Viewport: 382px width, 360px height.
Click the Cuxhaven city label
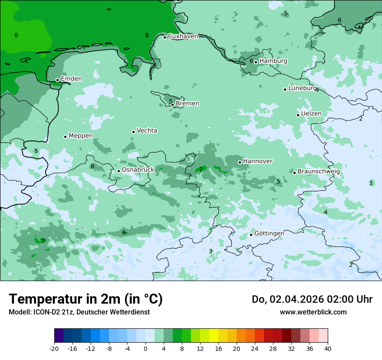click(x=183, y=36)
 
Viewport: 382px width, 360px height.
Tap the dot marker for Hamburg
click(x=256, y=62)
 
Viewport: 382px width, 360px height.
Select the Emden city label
click(x=71, y=79)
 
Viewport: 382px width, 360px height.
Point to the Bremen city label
click(x=188, y=104)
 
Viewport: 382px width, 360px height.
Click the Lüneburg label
click(x=303, y=88)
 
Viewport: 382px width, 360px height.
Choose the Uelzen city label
click(x=311, y=114)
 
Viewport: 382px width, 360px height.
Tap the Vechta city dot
click(x=133, y=132)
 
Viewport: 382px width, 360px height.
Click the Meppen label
click(x=81, y=136)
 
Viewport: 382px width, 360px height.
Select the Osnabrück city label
click(x=138, y=170)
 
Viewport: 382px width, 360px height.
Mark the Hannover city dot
click(x=240, y=162)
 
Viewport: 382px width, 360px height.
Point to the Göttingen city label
click(x=269, y=234)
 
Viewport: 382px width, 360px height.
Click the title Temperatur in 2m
click(x=86, y=299)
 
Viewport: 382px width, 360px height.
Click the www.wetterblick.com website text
click(x=313, y=312)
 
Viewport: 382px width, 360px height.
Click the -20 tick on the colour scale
click(x=54, y=348)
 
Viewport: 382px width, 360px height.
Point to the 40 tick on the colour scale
click(x=327, y=348)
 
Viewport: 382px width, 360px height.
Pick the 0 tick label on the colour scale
click(x=145, y=348)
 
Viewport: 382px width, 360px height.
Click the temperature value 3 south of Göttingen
click(x=211, y=252)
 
